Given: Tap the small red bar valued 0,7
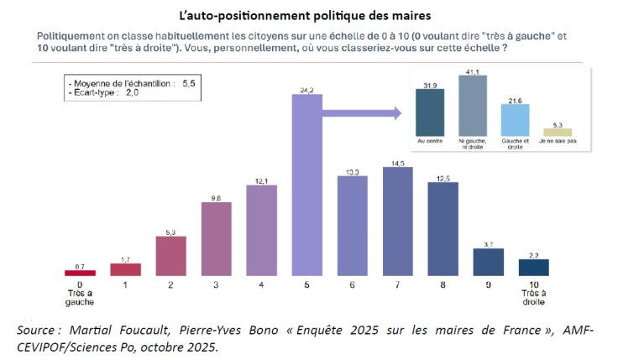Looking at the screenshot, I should pos(81,272).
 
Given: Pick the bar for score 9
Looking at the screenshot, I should pos(488,262).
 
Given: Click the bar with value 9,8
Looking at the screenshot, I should pos(217,239).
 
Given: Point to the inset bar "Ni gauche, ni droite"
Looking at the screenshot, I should pos(474,106).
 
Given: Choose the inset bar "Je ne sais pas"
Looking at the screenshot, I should pos(558,132).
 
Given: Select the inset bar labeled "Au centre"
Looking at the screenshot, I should pos(430,112).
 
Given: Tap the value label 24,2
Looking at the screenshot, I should pos(307,89).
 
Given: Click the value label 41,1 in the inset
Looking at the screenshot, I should pos(474,72).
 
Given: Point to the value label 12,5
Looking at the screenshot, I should pos(443,176).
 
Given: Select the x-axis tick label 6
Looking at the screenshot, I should pos(352,285).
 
